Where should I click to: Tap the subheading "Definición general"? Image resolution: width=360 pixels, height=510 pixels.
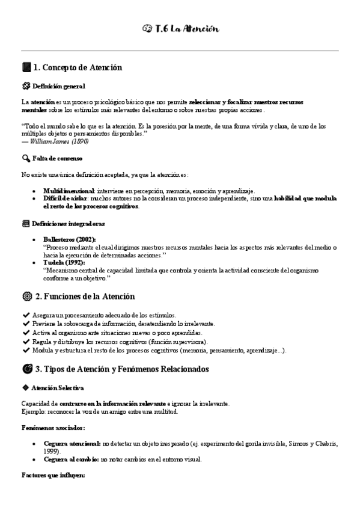pos(59,86)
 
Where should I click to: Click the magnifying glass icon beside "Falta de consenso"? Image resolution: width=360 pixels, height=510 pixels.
pos(25,158)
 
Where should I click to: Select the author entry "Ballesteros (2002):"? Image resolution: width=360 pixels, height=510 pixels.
pos(70,239)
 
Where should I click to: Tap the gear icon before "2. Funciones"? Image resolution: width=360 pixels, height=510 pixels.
pos(26,296)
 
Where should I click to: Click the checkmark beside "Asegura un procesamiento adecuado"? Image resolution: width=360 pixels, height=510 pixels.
pos(25,315)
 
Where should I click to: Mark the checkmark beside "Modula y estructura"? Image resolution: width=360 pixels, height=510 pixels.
pos(25,350)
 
